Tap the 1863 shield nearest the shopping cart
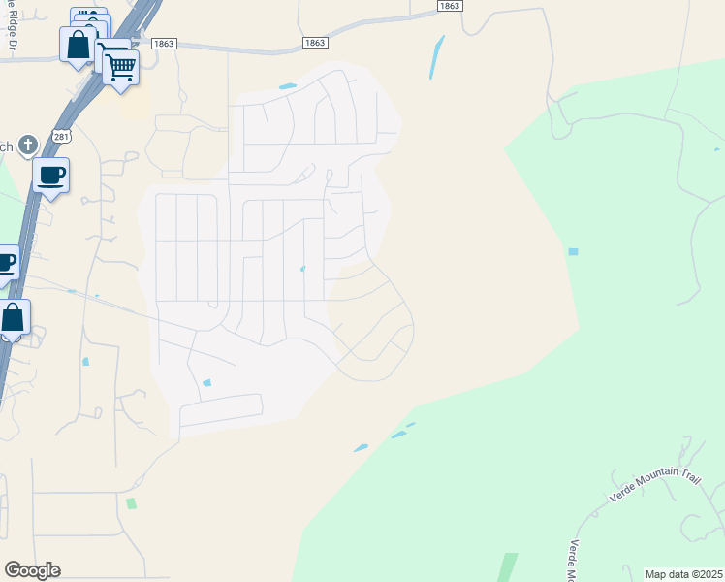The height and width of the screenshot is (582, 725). pos(163,43)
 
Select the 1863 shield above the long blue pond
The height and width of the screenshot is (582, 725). pos(449,6)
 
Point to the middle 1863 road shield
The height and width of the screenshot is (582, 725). pos(314,43)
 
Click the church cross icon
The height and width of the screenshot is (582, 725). pos(28,145)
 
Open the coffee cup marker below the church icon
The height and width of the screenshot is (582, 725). pos(50,177)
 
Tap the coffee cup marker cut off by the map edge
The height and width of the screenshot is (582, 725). pos(6,263)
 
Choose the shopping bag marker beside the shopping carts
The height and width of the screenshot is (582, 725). pos(78,45)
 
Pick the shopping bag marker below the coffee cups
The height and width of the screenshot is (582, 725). pos(13,318)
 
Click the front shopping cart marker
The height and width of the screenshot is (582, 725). pos(120,68)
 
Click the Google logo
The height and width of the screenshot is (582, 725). pos(32,570)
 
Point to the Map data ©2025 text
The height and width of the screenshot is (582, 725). pos(684,574)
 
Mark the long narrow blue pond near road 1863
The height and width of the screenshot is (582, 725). pos(436,57)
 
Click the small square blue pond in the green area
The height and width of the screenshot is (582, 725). pos(573,251)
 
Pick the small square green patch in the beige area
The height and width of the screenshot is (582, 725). pos(131,503)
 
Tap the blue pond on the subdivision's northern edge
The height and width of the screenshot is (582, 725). pos(288,86)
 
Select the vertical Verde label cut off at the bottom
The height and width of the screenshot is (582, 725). pos(574,561)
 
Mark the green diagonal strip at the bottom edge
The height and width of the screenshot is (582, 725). pos(508,566)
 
